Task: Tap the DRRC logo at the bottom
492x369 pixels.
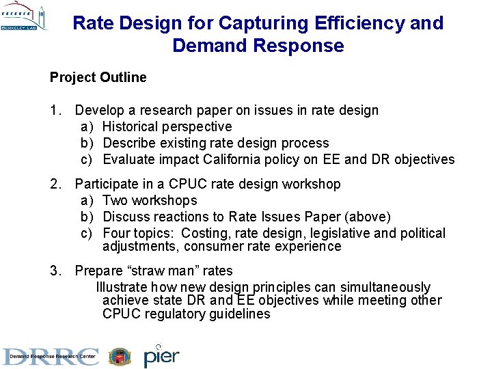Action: tap(51, 357)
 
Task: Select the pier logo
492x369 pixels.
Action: tap(161, 356)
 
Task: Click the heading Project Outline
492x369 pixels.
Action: tap(98, 77)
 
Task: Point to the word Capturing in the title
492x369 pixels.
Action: tap(255, 23)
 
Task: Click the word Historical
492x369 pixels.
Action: tap(131, 126)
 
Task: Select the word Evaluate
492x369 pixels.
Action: tap(128, 159)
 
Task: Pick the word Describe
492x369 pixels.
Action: tap(129, 143)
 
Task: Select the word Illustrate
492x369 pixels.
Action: tap(122, 287)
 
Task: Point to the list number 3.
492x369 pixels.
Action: tap(54, 271)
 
